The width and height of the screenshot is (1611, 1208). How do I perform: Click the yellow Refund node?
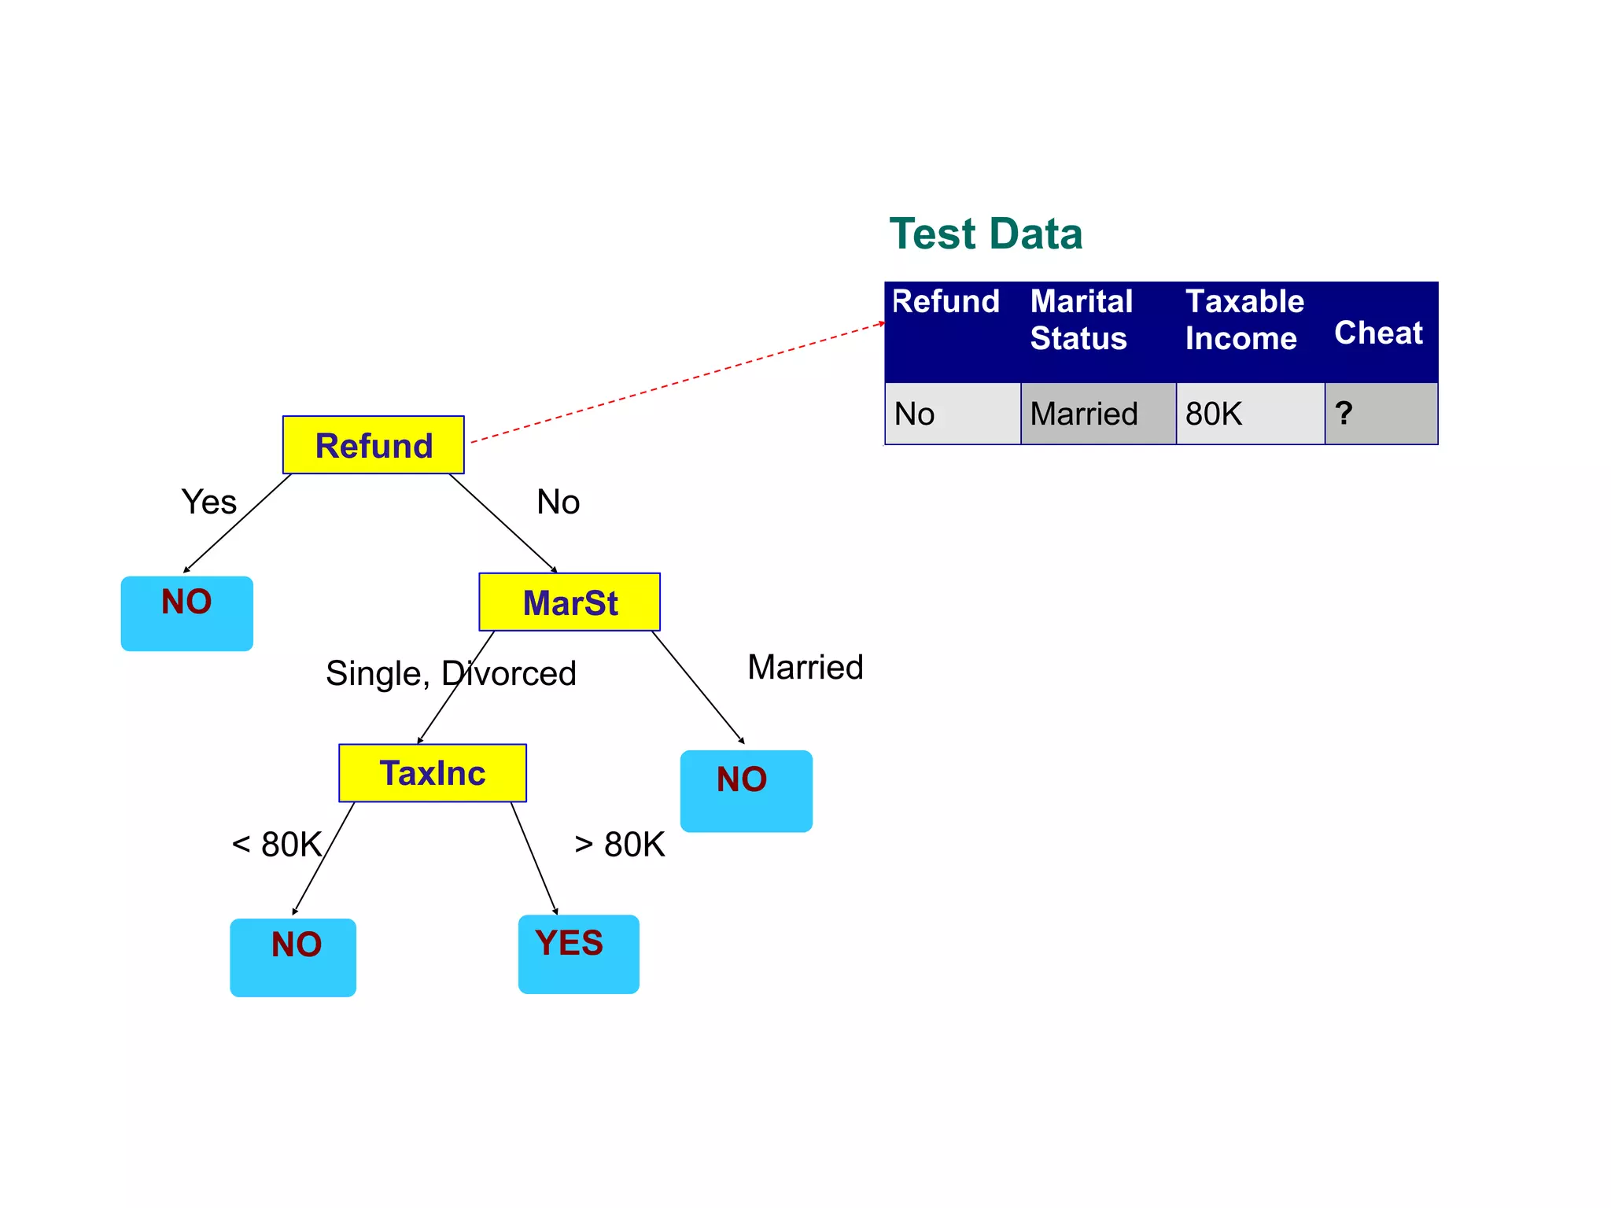[373, 445]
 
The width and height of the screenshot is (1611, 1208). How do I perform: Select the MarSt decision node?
[570, 602]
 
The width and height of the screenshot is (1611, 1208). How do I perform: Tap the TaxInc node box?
[433, 773]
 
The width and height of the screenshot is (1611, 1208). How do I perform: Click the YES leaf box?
[578, 953]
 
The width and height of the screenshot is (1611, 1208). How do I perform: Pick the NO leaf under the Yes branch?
[187, 613]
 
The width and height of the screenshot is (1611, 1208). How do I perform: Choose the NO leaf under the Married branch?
[746, 790]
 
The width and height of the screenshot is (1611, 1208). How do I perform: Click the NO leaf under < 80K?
[293, 957]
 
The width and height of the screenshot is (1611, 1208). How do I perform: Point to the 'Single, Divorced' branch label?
[451, 673]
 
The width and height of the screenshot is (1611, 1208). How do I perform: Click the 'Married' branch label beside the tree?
[805, 667]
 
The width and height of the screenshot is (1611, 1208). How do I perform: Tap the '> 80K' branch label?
[620, 845]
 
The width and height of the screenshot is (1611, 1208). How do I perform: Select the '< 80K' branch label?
[277, 845]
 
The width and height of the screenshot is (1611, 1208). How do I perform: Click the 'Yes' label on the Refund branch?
[208, 502]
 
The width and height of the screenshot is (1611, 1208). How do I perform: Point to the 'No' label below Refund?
[558, 502]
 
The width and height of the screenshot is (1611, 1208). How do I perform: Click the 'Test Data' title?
[986, 234]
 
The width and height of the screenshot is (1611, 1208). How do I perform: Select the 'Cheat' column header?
[1378, 333]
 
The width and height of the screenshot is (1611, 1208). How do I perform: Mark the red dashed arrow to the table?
[676, 382]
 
